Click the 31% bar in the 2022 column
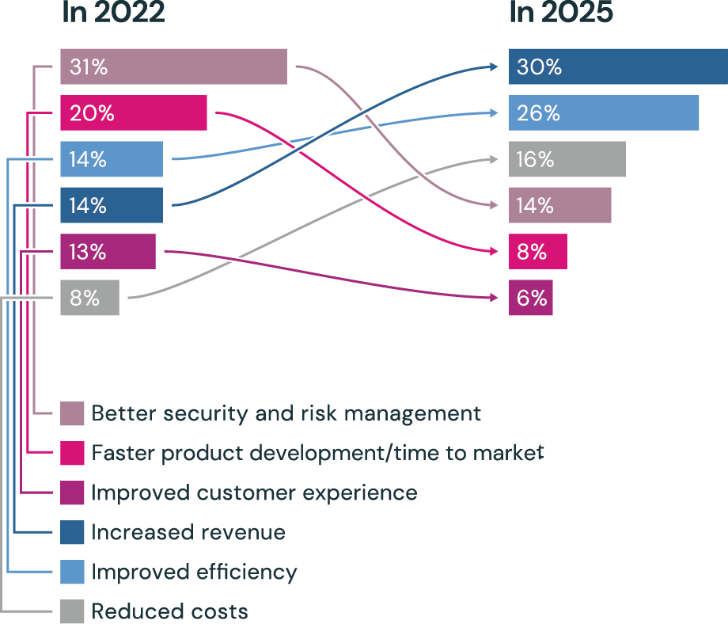pyautogui.click(x=173, y=67)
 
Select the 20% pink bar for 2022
pyautogui.click(x=133, y=113)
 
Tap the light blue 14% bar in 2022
pyautogui.click(x=112, y=159)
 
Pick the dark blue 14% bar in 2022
pyautogui.click(x=112, y=205)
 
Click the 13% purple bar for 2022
pyautogui.click(x=108, y=252)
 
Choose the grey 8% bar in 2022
pyautogui.click(x=89, y=298)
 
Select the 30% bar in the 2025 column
pyautogui.click(x=618, y=67)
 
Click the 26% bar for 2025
pyautogui.click(x=604, y=113)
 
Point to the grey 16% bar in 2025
pyautogui.click(x=567, y=159)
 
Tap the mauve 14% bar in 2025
pyautogui.click(x=560, y=205)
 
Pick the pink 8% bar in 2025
pyautogui.click(x=538, y=252)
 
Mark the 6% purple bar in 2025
pyautogui.click(x=531, y=298)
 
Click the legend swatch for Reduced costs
pyautogui.click(x=73, y=611)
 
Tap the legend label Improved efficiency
pyautogui.click(x=194, y=572)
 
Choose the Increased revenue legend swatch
pyautogui.click(x=73, y=532)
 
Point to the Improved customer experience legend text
pyautogui.click(x=254, y=493)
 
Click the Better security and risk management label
pyautogui.click(x=286, y=413)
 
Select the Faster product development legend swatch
pyautogui.click(x=73, y=453)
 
